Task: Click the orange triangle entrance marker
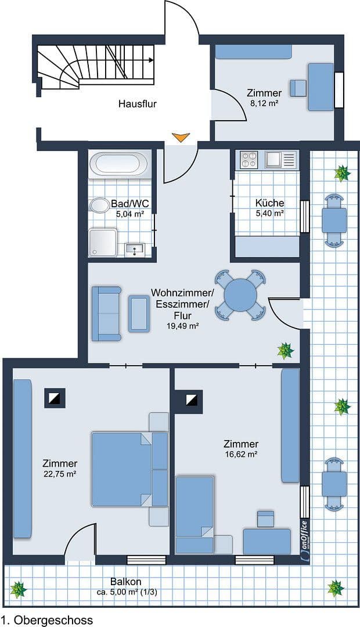coord(181,138)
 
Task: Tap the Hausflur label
coord(138,105)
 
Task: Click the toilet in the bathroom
coord(100,206)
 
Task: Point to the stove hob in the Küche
coord(249,159)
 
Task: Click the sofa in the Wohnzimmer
coord(106,313)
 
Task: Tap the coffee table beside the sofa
coord(139,313)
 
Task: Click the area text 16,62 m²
coord(242,455)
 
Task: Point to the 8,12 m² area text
coord(264,103)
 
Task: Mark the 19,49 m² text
coord(183,327)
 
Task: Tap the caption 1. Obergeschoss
coord(47,620)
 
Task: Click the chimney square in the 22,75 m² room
coord(55,398)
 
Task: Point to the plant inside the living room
coord(285,351)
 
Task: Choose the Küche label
coord(270,203)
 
